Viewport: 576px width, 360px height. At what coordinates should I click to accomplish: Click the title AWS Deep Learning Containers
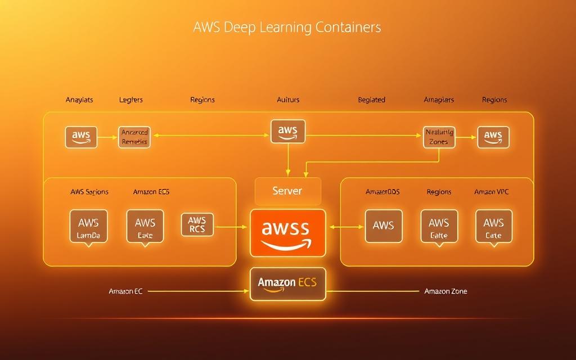(287, 27)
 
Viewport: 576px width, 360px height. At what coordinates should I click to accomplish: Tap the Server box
(287, 191)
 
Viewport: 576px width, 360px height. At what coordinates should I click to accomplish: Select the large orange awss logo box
(287, 232)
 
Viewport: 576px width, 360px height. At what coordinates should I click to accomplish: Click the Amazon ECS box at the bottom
(287, 283)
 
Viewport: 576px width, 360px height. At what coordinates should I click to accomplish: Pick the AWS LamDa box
(88, 226)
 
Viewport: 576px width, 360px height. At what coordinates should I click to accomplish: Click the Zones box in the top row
(439, 137)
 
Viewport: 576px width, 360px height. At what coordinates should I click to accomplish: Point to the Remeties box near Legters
(134, 137)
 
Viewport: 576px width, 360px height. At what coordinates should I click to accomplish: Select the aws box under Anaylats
(81, 137)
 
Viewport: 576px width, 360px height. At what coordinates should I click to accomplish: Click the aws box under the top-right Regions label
(493, 137)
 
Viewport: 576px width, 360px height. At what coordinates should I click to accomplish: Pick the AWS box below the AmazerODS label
(384, 226)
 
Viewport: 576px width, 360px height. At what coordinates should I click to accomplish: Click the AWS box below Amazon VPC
(493, 226)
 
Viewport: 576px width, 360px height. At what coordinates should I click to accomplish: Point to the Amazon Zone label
(445, 291)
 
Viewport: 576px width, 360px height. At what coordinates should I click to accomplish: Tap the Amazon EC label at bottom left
(125, 291)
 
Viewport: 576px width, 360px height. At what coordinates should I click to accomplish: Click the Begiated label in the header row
(371, 100)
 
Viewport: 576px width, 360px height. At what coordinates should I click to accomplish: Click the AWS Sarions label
(89, 192)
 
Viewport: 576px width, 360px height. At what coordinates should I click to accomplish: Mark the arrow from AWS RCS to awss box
(231, 227)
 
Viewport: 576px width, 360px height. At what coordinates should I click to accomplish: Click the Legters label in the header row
(131, 100)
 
